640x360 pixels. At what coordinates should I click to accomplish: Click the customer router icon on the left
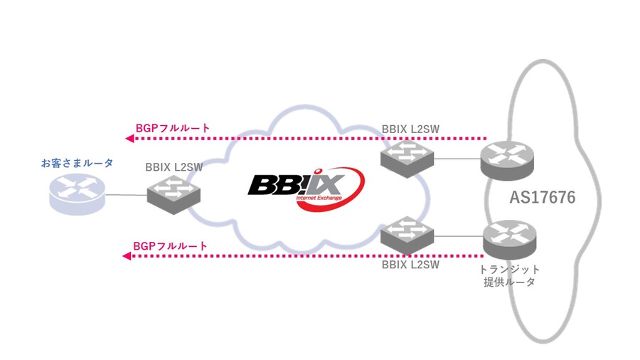(x=77, y=194)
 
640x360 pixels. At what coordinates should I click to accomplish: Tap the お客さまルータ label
(x=77, y=163)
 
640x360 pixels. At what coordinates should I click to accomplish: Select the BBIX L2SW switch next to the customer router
(x=174, y=195)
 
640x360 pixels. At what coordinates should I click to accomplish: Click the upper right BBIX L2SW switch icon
(x=407, y=158)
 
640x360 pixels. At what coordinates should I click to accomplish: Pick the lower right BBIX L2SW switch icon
(x=407, y=236)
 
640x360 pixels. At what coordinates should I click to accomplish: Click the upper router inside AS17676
(x=507, y=160)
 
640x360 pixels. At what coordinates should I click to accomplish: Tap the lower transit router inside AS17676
(x=509, y=240)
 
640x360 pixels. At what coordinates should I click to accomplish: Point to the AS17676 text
(x=543, y=197)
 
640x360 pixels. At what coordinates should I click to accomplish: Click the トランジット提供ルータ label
(x=509, y=275)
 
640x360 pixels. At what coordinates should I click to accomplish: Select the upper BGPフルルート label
(x=173, y=128)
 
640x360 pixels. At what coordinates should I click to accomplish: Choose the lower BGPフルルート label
(x=170, y=246)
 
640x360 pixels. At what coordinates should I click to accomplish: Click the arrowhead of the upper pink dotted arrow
(x=129, y=138)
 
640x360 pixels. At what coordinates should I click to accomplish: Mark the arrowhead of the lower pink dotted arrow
(x=127, y=256)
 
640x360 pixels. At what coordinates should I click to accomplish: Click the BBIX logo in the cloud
(x=306, y=189)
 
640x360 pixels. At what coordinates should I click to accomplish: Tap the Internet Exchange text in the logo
(x=319, y=198)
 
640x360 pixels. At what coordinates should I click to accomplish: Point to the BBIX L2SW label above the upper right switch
(x=410, y=129)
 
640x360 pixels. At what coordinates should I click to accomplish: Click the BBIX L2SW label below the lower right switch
(x=410, y=265)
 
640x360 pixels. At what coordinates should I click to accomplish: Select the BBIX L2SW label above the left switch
(x=174, y=167)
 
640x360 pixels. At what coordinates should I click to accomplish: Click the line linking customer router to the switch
(x=126, y=195)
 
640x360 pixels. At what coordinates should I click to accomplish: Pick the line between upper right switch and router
(x=457, y=159)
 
